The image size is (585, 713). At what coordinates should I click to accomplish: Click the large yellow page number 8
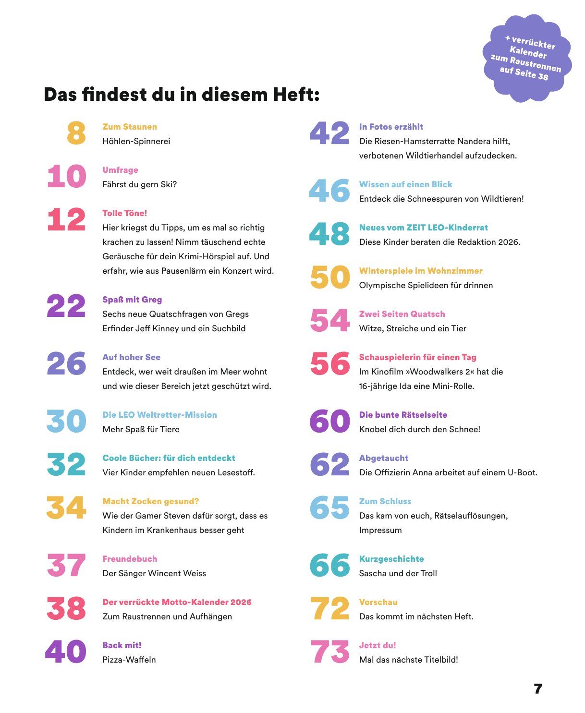pyautogui.click(x=76, y=133)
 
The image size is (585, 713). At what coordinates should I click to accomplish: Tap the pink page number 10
pyautogui.click(x=67, y=176)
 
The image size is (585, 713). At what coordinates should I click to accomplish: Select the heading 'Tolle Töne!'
pyautogui.click(x=124, y=213)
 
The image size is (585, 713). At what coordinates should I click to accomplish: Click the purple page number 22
pyautogui.click(x=66, y=306)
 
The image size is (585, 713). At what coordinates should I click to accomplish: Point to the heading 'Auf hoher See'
pyautogui.click(x=131, y=357)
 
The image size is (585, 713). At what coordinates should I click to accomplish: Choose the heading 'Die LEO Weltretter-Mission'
pyautogui.click(x=159, y=415)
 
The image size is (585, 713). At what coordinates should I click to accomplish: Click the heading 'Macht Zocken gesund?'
pyautogui.click(x=150, y=501)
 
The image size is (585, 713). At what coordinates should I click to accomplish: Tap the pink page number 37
pyautogui.click(x=66, y=565)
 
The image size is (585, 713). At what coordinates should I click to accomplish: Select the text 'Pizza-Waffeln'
pyautogui.click(x=129, y=660)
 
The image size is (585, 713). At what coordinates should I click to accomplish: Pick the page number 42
pyautogui.click(x=329, y=133)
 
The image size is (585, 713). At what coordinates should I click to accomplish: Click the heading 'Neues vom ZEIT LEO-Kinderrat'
pyautogui.click(x=423, y=228)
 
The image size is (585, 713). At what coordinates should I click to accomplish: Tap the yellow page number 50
pyautogui.click(x=330, y=277)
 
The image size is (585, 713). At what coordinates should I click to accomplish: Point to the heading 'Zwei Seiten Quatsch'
pyautogui.click(x=402, y=314)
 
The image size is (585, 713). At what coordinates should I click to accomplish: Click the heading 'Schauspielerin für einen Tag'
pyautogui.click(x=417, y=357)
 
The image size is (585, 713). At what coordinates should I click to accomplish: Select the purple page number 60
pyautogui.click(x=330, y=421)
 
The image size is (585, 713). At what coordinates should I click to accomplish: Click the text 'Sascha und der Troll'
pyautogui.click(x=398, y=573)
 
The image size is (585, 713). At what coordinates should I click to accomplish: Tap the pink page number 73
pyautogui.click(x=330, y=652)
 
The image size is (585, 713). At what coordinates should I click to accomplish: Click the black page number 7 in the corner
pyautogui.click(x=538, y=689)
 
